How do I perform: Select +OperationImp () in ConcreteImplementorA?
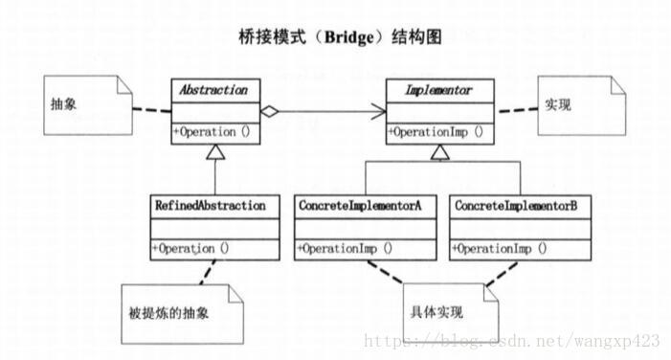[x=347, y=247]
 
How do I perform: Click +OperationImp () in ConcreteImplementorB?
[x=499, y=247]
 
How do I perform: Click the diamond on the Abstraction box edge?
[x=271, y=113]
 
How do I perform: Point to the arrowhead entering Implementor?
[x=378, y=113]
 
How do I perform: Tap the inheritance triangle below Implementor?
[x=438, y=152]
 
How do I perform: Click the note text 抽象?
[x=63, y=101]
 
